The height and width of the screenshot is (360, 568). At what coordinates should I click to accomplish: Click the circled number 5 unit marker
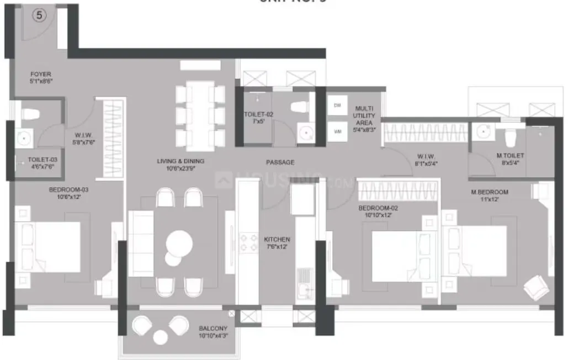click(39, 15)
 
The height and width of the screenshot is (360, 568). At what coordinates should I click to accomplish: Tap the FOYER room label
click(41, 77)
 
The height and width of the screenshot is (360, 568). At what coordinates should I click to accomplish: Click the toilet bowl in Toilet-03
click(30, 113)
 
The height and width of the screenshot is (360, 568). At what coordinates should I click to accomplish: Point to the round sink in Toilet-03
click(24, 138)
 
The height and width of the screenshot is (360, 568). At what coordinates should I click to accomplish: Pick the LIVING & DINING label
click(181, 165)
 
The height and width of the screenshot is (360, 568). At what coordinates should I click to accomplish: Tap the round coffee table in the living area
click(179, 242)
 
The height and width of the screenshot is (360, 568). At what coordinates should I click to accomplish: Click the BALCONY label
click(212, 331)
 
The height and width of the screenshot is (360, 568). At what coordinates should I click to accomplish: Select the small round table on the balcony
click(161, 336)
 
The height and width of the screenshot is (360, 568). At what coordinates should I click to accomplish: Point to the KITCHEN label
click(277, 243)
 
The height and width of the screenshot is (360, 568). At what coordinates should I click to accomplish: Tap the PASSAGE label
click(280, 162)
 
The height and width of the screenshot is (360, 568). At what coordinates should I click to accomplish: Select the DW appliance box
click(337, 105)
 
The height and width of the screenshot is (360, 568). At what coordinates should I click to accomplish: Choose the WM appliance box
click(337, 131)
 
